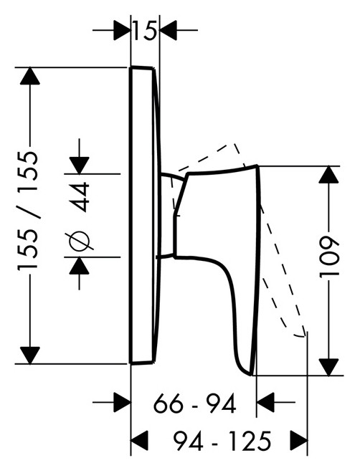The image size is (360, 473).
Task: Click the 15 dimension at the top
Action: tap(145, 30)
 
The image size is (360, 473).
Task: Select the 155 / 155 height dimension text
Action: tap(28, 210)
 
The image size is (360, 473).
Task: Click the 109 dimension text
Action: tap(329, 257)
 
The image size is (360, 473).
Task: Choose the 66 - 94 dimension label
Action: tap(194, 403)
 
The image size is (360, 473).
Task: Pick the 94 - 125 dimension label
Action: tap(222, 441)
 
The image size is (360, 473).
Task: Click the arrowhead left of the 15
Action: tap(122, 30)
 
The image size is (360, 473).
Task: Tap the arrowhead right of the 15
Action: tap(168, 30)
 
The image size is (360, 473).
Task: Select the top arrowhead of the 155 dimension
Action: tap(30, 75)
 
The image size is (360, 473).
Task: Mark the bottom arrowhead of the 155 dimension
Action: tap(30, 355)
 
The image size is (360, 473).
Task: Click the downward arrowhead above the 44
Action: tap(79, 166)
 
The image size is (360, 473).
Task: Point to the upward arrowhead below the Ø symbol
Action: tap(79, 265)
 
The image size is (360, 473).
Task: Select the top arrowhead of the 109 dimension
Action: tap(329, 174)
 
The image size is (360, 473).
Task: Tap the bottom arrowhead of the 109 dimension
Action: tap(329, 367)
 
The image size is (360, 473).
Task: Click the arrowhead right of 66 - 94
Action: tap(265, 402)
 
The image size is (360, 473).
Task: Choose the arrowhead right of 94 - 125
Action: tap(299, 441)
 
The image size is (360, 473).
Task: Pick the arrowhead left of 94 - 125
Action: tap(139, 441)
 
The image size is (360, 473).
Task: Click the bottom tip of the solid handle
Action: tap(252, 375)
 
